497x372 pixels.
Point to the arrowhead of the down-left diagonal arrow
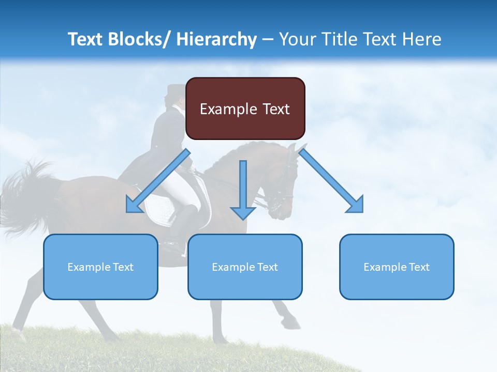[x=133, y=207]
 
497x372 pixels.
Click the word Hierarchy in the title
[x=216, y=39]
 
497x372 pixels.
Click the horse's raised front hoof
[x=293, y=323]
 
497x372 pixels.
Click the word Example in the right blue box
[x=382, y=267]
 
